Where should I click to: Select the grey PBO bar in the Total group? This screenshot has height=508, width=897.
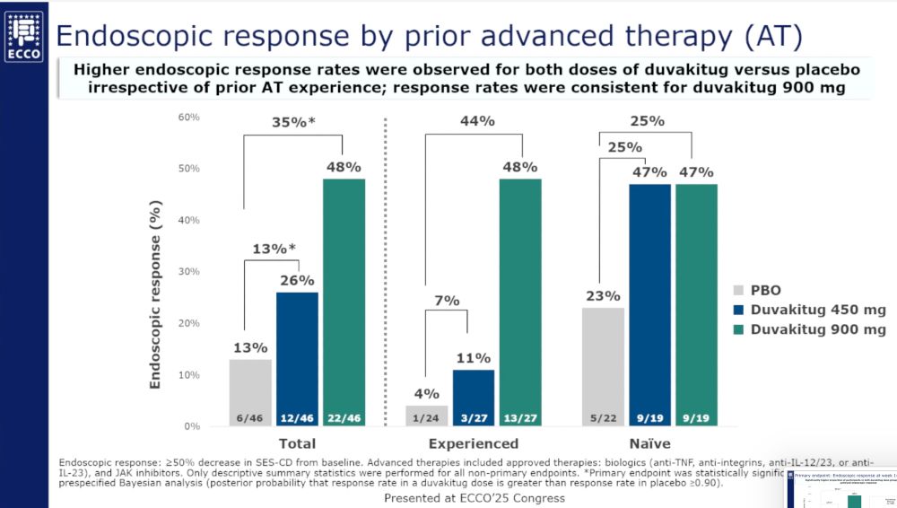click(250, 392)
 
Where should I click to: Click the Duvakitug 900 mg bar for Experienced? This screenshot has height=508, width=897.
click(520, 302)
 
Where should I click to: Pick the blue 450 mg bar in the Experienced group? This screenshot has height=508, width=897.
click(473, 397)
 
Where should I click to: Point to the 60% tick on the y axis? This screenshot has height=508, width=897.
click(189, 118)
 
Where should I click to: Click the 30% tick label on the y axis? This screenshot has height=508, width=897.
click(189, 272)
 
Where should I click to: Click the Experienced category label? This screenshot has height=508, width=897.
click(473, 443)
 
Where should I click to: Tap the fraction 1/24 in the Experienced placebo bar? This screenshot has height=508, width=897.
click(427, 417)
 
